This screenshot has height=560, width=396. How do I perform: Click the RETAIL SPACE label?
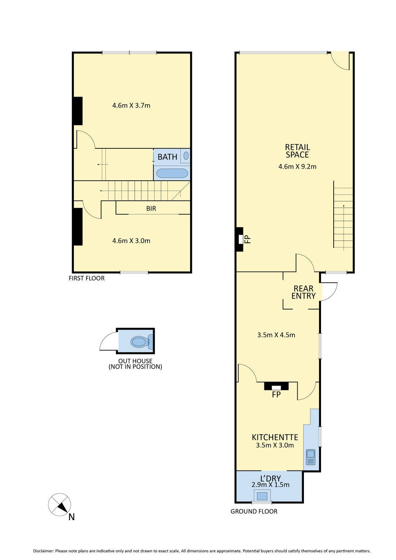coord(298,151)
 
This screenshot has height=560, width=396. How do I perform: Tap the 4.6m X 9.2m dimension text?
coord(298,167)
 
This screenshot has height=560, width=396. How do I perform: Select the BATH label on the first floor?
coord(167,157)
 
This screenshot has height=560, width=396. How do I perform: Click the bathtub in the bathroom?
coord(172,173)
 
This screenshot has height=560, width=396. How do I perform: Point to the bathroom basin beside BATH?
coord(186,156)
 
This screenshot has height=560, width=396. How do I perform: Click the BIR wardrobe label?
coord(151,209)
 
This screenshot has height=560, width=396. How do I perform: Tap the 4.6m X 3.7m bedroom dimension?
coord(131,105)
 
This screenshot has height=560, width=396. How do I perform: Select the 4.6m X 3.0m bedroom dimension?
coord(131,241)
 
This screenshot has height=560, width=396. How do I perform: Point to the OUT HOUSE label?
coord(136,364)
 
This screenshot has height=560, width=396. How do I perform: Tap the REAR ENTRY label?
coord(304,292)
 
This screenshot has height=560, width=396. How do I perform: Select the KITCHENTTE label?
coord(275,437)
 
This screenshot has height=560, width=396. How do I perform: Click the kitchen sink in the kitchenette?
coord(311,457)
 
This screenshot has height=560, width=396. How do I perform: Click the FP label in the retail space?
coord(248,240)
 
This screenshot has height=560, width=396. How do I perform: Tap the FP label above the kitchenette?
coord(276,394)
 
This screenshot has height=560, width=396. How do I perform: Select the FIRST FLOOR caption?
coord(86,278)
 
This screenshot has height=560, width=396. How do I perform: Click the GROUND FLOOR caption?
coord(254,511)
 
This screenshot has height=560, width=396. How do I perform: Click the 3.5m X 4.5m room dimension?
coord(276,335)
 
